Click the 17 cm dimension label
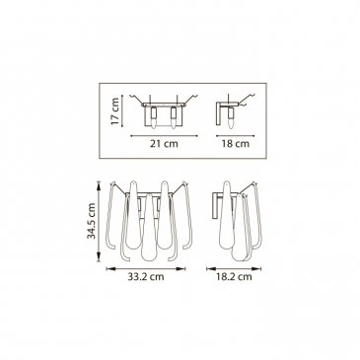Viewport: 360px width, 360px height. tap(114, 110)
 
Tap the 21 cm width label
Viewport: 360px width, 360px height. tap(164, 144)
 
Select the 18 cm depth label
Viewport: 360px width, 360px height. tap(236, 144)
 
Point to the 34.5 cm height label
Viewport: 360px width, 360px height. tap(92, 221)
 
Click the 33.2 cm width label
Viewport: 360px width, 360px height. tap(146, 277)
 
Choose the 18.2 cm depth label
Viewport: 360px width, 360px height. tap(234, 277)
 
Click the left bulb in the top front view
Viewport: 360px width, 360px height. tap(153, 117)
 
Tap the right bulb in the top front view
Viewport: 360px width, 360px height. tap(174, 117)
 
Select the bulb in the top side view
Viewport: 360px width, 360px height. tap(232, 117)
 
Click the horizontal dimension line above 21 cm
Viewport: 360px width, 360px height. tap(164, 135)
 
